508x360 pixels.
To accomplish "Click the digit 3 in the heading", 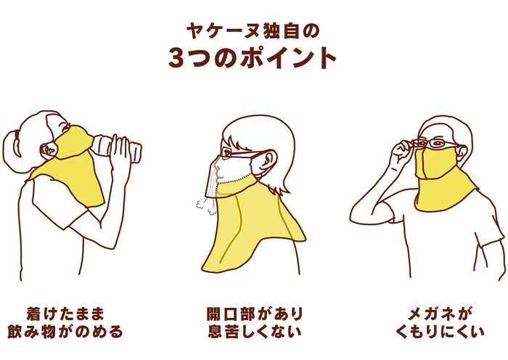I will pyautogui.click(x=178, y=57).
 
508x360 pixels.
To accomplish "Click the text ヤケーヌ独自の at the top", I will pyautogui.click(x=253, y=30).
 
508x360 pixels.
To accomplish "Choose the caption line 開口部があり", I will pyautogui.click(x=254, y=314).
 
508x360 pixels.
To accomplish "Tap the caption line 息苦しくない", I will pyautogui.click(x=254, y=332).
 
